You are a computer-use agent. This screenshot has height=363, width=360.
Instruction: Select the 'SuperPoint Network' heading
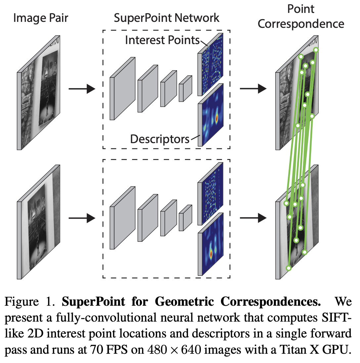pyautogui.click(x=166, y=18)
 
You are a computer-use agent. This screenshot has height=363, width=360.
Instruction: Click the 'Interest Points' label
pyautogui.click(x=162, y=40)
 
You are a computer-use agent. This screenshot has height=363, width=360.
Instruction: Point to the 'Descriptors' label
pyautogui.click(x=160, y=138)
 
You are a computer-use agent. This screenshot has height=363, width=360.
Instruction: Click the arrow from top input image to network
pyautogui.click(x=81, y=89)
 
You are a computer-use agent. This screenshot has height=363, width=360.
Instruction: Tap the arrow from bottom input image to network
pyautogui.click(x=81, y=218)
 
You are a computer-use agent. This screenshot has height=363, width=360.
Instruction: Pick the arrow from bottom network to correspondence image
pyautogui.click(x=253, y=218)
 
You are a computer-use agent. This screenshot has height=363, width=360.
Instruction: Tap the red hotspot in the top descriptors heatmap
pyautogui.click(x=217, y=118)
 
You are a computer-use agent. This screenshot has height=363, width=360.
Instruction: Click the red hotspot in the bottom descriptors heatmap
pyautogui.click(x=211, y=254)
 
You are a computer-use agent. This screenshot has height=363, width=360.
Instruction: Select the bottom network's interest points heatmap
pyautogui.click(x=211, y=194)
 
